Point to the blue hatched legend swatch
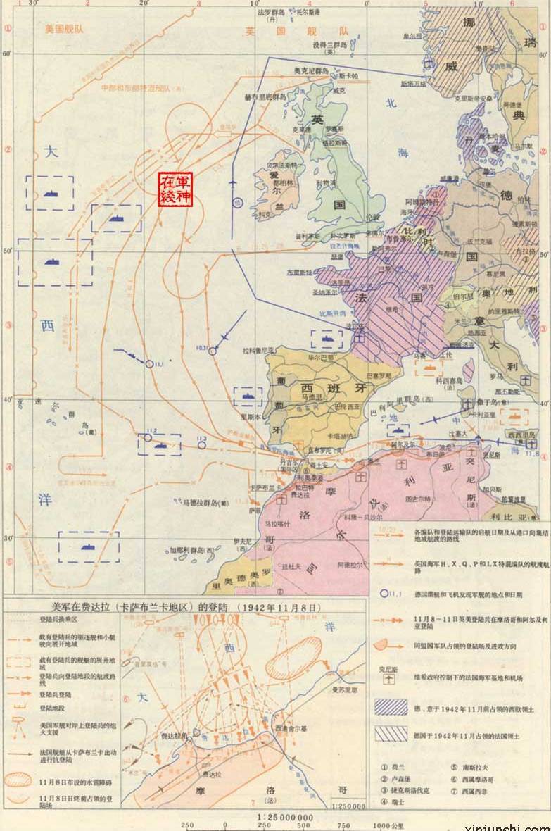(x=390, y=707)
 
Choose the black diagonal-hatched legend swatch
(x=390, y=735)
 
